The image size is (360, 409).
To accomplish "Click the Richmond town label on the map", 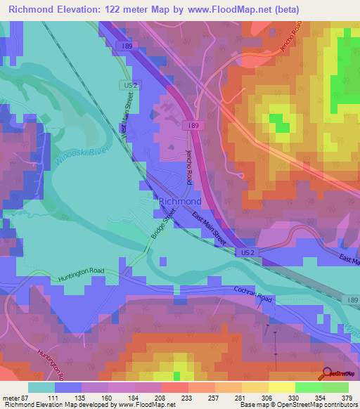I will [x=181, y=201].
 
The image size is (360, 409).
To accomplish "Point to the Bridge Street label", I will [x=160, y=235].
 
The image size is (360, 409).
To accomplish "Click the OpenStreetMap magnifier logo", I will [x=327, y=373].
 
